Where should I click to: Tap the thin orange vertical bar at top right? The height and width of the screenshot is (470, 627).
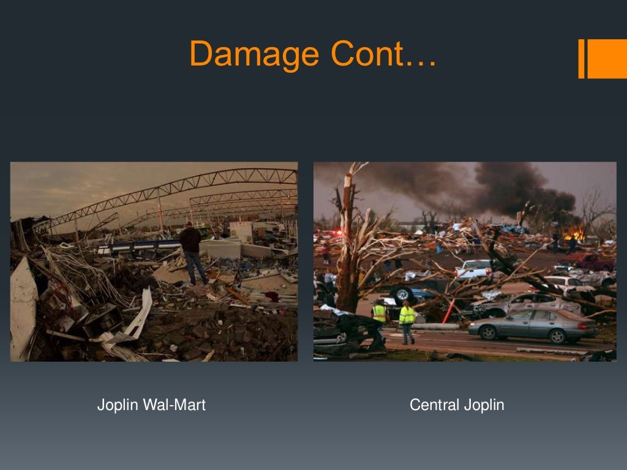(x=582, y=59)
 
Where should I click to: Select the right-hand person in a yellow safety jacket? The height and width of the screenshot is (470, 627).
(x=407, y=321)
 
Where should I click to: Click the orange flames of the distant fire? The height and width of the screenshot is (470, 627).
(x=574, y=233)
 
